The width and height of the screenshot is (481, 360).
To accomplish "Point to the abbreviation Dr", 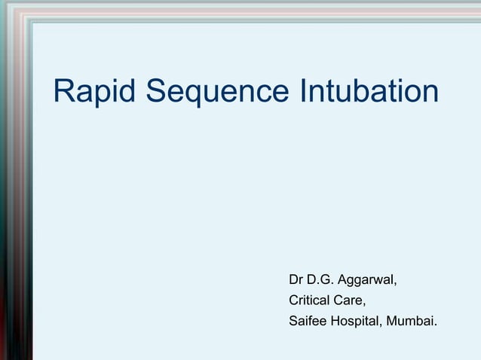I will (x=296, y=281).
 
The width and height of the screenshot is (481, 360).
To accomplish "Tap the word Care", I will (x=349, y=301).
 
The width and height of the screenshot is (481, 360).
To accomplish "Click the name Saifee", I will (x=307, y=322).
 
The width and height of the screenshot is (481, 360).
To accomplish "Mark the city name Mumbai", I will (x=412, y=322).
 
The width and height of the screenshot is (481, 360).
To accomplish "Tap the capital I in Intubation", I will (x=304, y=92).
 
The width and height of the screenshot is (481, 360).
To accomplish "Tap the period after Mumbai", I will (x=435, y=325).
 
